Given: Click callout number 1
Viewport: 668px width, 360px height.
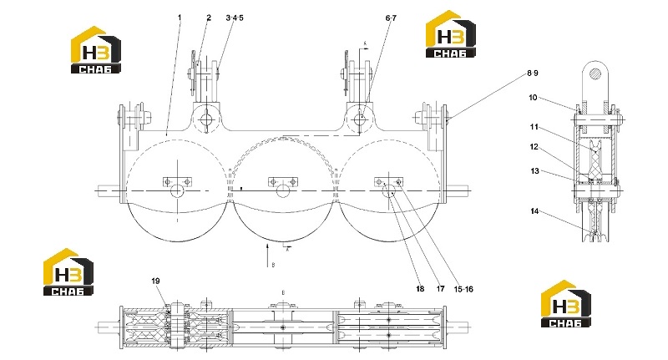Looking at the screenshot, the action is [x=180, y=18].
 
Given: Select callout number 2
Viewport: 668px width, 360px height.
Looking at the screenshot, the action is [x=209, y=18].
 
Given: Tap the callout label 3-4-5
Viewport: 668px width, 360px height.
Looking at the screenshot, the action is [x=235, y=18].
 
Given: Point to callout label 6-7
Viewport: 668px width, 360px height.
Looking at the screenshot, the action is [x=391, y=18].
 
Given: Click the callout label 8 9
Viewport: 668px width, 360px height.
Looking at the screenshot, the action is [x=533, y=74].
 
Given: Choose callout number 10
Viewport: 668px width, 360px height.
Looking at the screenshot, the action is [x=533, y=98].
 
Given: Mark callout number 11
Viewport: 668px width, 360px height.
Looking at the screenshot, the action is [x=534, y=126].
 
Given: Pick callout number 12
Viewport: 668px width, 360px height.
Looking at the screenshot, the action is [x=534, y=147].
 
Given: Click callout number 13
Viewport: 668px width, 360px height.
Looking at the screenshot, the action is [x=534, y=171].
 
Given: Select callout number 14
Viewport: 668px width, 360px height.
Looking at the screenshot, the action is [x=534, y=210].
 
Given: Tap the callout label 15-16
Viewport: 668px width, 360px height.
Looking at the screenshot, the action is [x=463, y=289].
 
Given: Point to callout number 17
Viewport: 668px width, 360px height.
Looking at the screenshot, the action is [x=440, y=289].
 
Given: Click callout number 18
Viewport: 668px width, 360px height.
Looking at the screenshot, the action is [x=420, y=289].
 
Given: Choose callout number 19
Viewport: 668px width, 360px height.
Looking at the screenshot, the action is [x=155, y=281].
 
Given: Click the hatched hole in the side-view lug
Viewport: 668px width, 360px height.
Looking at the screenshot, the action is [x=595, y=73].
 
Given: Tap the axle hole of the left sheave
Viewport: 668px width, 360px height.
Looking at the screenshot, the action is [x=177, y=191].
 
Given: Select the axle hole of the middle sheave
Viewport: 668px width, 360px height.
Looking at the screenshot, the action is [x=282, y=191].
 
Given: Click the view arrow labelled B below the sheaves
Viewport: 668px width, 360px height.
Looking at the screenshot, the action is [x=267, y=256].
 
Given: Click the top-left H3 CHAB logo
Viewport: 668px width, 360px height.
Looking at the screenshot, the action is [x=96, y=50].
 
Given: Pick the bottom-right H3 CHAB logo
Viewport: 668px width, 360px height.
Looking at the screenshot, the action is [x=566, y=304].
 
